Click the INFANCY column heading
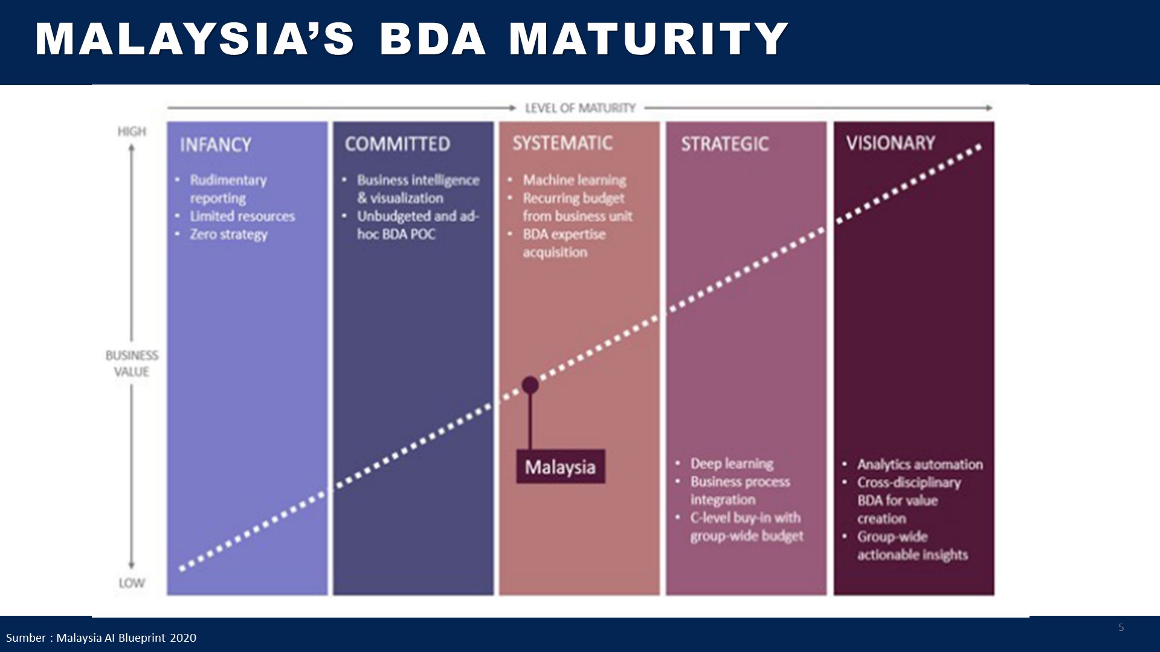coord(215,145)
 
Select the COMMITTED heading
coord(398,144)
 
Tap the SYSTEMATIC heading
coord(562,143)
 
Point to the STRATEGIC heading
coord(725,144)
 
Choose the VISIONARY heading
coord(891,143)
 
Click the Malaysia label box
coord(560,467)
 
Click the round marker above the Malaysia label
coord(530,385)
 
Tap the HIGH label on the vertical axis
coord(132,132)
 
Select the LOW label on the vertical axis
coord(132,583)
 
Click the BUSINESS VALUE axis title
coord(132,363)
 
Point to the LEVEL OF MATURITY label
coord(580,108)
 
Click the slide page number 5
coord(1121,628)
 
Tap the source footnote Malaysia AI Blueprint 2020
coord(101,638)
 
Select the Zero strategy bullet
coord(228,234)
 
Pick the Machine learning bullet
coord(575,180)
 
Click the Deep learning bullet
coord(732,464)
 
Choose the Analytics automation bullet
coord(920,464)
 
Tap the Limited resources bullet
coord(242,216)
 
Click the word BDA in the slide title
coord(433,40)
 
